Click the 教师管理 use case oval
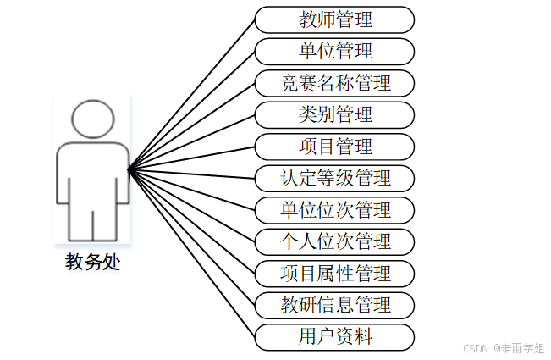[335, 19]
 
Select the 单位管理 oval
[335, 51]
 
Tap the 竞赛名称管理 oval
[335, 83]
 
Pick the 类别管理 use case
[335, 114]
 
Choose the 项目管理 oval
[335, 147]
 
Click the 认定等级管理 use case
[335, 178]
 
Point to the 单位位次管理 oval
[335, 210]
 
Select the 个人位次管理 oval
[335, 241]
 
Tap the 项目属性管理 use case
[335, 274]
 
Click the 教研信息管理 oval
[335, 305]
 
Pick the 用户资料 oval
[335, 337]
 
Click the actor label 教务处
[93, 262]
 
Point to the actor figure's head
[93, 120]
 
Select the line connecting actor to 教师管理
[191, 94]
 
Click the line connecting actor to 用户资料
[191, 253]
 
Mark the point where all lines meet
[129, 170]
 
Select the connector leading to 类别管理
[191, 142]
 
